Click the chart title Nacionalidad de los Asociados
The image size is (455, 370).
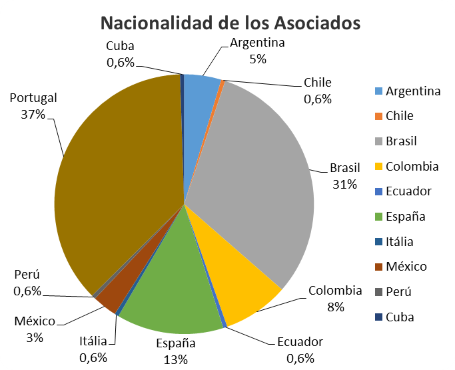click(x=230, y=23)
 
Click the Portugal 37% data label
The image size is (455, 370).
click(x=33, y=106)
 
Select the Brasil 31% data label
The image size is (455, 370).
click(x=345, y=175)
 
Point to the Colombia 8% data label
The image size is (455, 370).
click(x=335, y=299)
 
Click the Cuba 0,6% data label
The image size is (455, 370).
click(x=120, y=54)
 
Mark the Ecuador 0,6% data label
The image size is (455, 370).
click(x=299, y=349)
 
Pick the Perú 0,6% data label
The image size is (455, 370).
click(x=27, y=283)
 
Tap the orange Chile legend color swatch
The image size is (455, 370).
click(x=378, y=116)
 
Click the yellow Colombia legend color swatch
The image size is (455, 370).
click(x=378, y=166)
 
